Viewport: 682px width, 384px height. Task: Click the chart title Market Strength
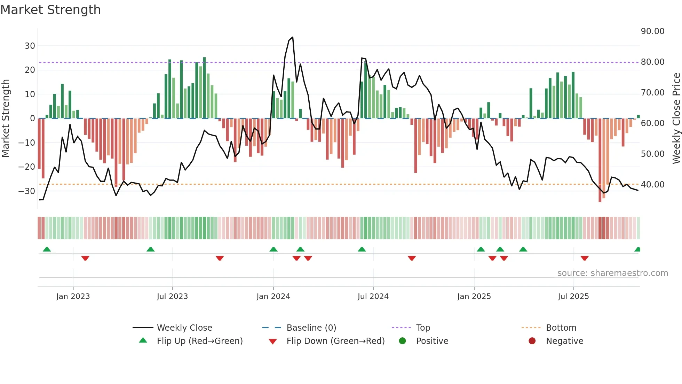(x=50, y=10)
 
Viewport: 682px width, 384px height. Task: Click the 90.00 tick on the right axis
(x=652, y=31)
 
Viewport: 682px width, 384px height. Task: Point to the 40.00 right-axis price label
(x=652, y=185)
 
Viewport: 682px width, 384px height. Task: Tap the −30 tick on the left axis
(x=27, y=191)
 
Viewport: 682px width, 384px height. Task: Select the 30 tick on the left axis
(x=30, y=46)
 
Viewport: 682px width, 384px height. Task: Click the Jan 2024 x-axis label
(x=273, y=297)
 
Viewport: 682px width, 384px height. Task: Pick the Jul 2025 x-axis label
(x=573, y=297)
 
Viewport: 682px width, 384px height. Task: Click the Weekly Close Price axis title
(x=676, y=118)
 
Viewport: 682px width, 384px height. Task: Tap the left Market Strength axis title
(x=6, y=118)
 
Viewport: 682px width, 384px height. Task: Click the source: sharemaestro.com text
(x=612, y=273)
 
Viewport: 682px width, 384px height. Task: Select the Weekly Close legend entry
(x=184, y=328)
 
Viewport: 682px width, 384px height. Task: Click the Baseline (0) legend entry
(x=311, y=328)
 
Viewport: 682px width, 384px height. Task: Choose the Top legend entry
(x=423, y=328)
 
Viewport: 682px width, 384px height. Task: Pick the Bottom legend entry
(x=561, y=328)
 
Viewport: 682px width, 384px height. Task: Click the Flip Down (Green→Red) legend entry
(x=335, y=341)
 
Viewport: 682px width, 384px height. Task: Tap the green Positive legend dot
(x=403, y=341)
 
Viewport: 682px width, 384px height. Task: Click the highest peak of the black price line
(x=292, y=37)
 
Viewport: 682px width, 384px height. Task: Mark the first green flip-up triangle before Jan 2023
(x=47, y=249)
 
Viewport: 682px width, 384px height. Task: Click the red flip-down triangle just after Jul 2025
(x=585, y=258)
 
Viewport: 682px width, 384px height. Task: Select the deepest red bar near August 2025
(x=600, y=160)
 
